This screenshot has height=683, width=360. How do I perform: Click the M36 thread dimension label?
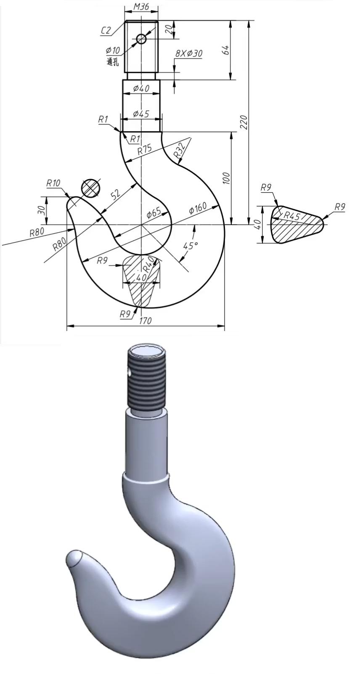click(141, 7)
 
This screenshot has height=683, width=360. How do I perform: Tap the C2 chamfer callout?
click(106, 30)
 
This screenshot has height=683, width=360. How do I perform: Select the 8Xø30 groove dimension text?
click(189, 53)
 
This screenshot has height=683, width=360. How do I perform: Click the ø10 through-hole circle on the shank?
click(141, 39)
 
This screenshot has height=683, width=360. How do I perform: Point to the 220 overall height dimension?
click(244, 122)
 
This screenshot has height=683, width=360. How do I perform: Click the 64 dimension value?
click(225, 50)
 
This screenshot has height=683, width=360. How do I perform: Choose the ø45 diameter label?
click(141, 114)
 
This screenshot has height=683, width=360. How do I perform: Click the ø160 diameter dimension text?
click(197, 208)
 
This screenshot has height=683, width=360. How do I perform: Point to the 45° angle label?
click(190, 245)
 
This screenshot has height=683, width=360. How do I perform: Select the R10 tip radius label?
click(53, 183)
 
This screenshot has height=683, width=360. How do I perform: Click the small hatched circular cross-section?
click(91, 188)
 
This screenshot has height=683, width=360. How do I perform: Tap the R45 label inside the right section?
click(291, 216)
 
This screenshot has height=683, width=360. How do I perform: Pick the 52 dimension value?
click(116, 194)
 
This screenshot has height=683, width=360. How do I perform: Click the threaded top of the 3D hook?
click(146, 379)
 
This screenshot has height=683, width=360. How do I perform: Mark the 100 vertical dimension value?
click(226, 178)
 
